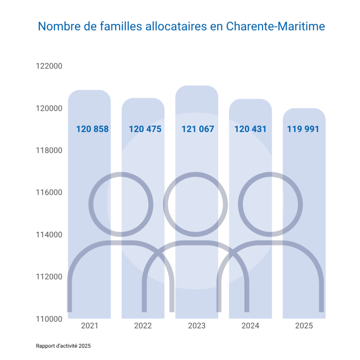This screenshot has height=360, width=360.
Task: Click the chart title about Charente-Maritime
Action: [x=181, y=27]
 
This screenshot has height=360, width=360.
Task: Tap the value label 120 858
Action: [x=92, y=129]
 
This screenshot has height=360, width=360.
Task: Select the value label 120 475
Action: [x=145, y=129]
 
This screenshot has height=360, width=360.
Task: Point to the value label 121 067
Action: [x=198, y=129]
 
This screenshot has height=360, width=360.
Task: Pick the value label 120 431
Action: [x=250, y=129]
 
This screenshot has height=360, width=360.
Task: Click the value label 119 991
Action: [x=303, y=129]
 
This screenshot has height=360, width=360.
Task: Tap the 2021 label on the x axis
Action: [x=90, y=326]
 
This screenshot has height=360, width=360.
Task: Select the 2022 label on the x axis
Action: [x=143, y=326]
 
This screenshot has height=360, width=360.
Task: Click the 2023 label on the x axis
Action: [x=197, y=326]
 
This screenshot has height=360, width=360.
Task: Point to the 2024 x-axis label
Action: [x=250, y=326]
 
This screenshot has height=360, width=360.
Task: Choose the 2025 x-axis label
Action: [x=304, y=326]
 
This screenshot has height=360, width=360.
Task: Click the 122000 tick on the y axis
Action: [x=49, y=66]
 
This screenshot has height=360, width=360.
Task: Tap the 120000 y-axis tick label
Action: [x=49, y=108]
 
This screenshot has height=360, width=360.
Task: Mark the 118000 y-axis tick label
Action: [x=49, y=150]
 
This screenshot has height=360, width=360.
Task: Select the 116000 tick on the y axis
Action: [x=49, y=193]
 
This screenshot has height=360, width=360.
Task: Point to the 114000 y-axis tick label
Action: [x=49, y=235]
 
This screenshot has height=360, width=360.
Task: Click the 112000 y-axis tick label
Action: [x=49, y=277]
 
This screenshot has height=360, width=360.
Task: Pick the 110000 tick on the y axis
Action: [x=49, y=319]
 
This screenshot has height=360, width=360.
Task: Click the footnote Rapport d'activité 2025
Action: [x=63, y=346]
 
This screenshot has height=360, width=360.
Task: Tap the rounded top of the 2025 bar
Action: [x=304, y=112]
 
